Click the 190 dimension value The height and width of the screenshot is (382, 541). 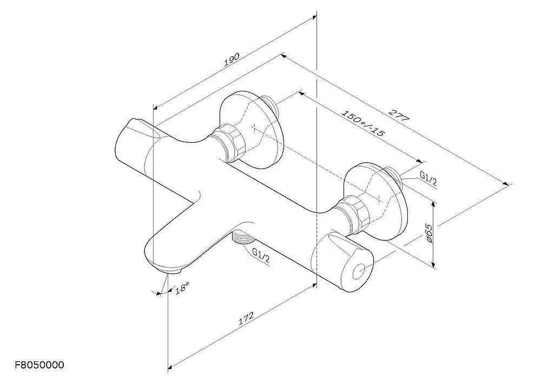(232, 59)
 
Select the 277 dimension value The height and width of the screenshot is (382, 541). (399, 115)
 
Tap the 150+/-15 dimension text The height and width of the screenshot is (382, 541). (362, 123)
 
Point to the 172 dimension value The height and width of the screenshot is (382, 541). (246, 318)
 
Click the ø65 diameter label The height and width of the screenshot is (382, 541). (428, 233)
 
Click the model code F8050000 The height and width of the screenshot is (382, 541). (39, 365)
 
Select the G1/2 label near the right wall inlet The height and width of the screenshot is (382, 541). (428, 179)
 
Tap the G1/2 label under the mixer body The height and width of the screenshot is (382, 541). (261, 256)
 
